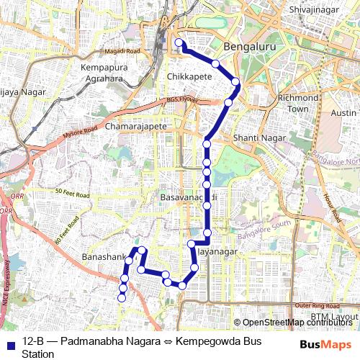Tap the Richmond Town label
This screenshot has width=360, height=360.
tap(297, 103)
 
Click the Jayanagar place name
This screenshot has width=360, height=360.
tap(217, 252)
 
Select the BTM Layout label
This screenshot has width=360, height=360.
tap(334, 317)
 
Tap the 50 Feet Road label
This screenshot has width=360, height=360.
tap(72, 194)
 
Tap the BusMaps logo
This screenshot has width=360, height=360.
tap(326, 344)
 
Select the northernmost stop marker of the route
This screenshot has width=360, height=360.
tap(179, 43)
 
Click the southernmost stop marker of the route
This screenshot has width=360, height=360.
tap(122, 297)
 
